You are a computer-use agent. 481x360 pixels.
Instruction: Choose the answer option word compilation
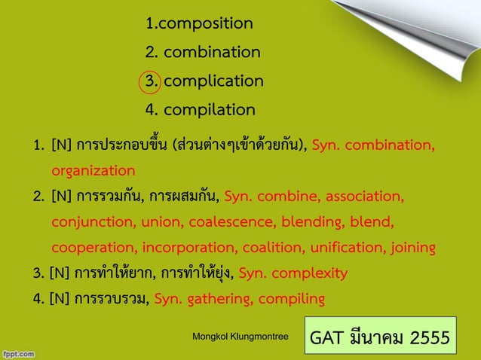pyautogui.click(x=209, y=110)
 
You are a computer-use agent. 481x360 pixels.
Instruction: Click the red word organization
pyautogui.click(x=93, y=171)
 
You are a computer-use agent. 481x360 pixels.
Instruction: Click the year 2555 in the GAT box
pyautogui.click(x=427, y=337)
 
